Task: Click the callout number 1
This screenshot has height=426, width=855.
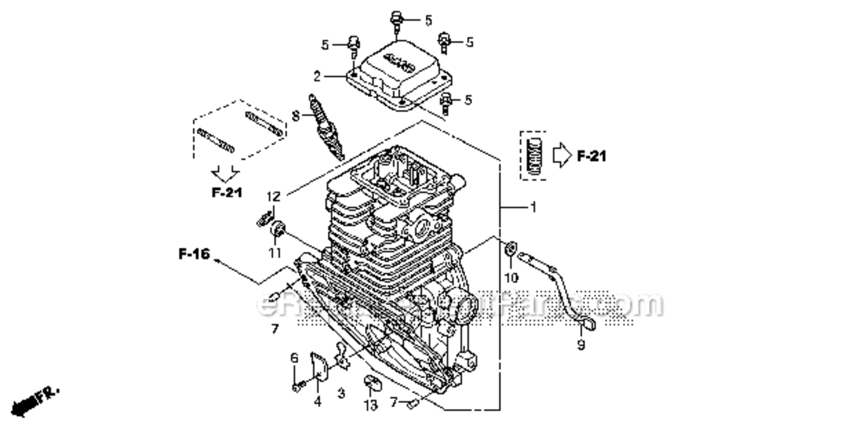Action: [x=533, y=208]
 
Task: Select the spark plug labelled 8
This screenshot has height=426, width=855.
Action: [x=326, y=127]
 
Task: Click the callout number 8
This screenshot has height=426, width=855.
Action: [x=295, y=116]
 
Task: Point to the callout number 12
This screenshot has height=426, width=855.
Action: [x=274, y=197]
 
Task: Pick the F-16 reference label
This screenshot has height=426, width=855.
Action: [x=194, y=254]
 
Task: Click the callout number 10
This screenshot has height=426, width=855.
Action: [x=511, y=277]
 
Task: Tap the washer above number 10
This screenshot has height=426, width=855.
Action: [x=510, y=248]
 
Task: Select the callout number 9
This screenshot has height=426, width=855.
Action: [x=581, y=345]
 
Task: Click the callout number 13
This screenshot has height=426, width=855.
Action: [x=370, y=406]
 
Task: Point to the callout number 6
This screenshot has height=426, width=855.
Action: [x=294, y=358]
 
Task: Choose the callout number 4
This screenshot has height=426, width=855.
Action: [x=318, y=402]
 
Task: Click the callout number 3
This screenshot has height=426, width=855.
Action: [x=341, y=394]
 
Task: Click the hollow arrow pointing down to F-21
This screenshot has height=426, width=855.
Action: [x=226, y=173]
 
